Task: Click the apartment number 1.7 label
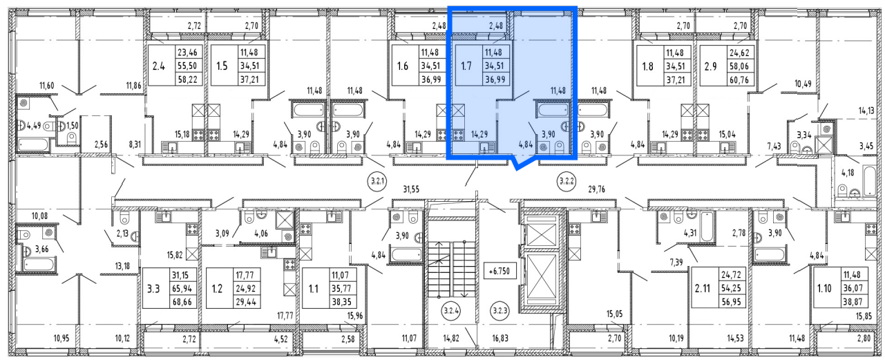pos(466,66)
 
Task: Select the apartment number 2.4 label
pos(158,66)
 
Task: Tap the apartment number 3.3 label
pos(153,289)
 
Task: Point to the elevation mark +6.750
pos(499,272)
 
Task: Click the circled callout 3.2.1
pos(377,182)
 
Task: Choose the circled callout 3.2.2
pos(567,182)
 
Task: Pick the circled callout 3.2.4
pos(451,311)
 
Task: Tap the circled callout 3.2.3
pos(499,311)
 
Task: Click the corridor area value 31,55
pos(411,190)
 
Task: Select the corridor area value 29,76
pos(597,190)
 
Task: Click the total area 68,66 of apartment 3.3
pos(182,302)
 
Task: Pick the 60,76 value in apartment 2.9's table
pos(739,80)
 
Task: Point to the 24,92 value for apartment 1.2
pos(246,288)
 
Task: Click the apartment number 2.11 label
pos(703,289)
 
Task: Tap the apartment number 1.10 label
pos(825,289)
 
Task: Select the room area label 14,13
pos(866,111)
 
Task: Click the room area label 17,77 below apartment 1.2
pos(285,315)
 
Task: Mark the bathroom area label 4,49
pos(34,126)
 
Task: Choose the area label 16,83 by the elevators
pos(499,339)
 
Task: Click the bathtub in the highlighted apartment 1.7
pos(553,109)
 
